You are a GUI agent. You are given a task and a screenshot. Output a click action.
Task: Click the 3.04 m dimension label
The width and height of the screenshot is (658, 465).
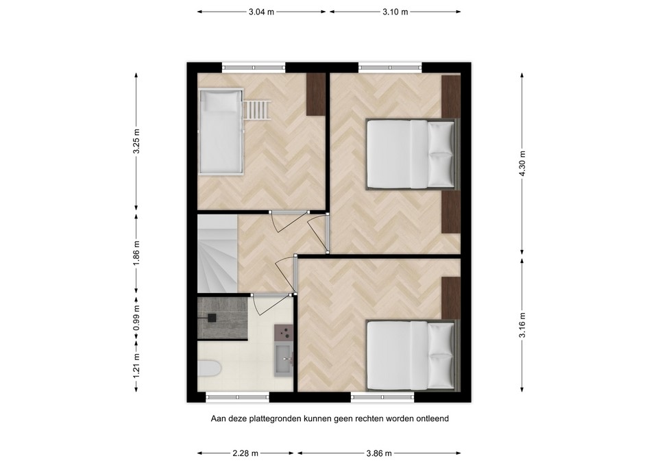tap(262, 12)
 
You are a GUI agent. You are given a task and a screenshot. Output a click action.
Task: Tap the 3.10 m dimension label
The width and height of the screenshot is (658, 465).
tap(395, 12)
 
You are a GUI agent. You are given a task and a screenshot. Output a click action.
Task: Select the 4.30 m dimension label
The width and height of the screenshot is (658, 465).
tap(522, 163)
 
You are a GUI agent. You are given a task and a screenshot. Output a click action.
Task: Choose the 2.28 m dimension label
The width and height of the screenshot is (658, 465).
tap(245, 453)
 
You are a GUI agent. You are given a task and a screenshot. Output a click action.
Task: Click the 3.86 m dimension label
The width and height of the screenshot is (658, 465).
tap(379, 453)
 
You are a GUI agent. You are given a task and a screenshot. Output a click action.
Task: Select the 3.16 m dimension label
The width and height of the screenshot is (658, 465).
tap(522, 325)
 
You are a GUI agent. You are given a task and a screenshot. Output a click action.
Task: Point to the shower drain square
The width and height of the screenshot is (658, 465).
tap(212, 317)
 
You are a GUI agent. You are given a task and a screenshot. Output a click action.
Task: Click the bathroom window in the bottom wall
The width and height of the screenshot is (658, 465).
tap(238, 396)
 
